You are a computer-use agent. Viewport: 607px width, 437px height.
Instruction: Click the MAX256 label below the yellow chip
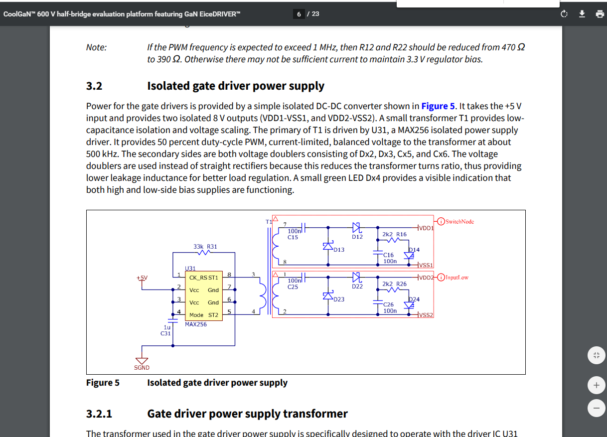[195, 324]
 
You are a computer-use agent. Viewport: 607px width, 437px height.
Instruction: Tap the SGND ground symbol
[142, 361]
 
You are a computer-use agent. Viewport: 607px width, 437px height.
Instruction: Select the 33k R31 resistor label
[205, 246]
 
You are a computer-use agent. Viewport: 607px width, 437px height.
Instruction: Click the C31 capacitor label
[166, 333]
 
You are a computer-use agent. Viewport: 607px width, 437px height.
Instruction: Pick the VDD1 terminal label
[427, 228]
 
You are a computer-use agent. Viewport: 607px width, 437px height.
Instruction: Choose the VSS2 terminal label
[427, 315]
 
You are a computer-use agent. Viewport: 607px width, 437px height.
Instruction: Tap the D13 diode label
[339, 250]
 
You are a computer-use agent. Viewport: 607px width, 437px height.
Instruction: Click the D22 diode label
[357, 287]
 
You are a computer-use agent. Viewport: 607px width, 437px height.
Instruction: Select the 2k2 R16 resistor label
[394, 234]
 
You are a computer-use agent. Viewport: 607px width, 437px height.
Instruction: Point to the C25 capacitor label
[293, 287]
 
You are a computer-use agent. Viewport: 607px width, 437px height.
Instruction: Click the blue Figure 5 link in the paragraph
[438, 106]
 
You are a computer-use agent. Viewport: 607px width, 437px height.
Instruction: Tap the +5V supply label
[142, 278]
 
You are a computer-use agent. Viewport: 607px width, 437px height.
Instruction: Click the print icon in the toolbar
[600, 14]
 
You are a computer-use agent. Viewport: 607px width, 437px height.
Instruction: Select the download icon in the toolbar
[582, 14]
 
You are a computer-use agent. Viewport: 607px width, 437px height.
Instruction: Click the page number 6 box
[299, 14]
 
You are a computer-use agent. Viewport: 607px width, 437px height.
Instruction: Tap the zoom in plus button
[596, 385]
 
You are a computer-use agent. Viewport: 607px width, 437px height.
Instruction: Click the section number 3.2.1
[99, 414]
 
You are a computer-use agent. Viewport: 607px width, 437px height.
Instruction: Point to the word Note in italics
[96, 47]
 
